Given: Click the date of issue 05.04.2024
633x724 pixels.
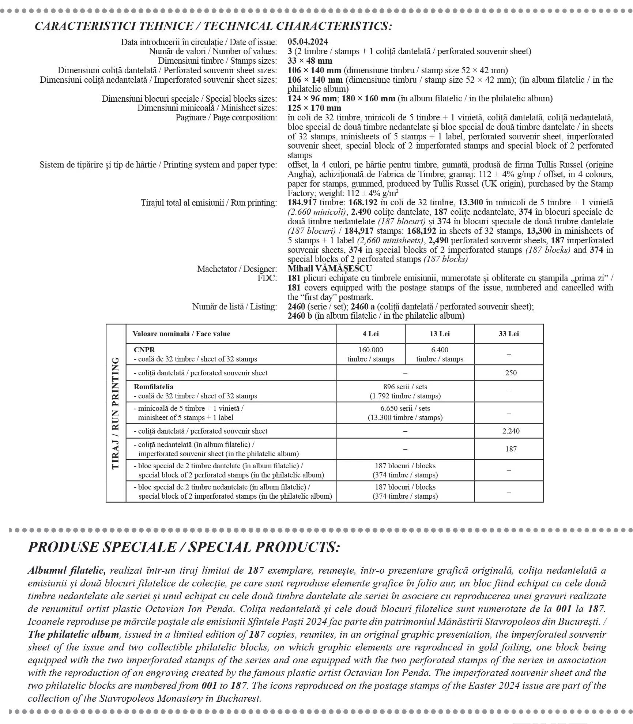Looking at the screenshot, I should click(308, 42).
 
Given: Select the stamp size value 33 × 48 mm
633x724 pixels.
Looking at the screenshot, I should click(310, 61).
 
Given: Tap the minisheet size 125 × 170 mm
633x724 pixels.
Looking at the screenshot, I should click(314, 108).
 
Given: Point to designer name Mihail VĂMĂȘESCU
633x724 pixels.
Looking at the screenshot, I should click(330, 269).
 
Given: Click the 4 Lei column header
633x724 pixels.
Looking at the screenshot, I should click(370, 334).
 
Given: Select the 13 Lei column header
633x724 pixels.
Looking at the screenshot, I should click(440, 334).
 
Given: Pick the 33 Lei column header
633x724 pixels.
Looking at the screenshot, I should click(509, 334).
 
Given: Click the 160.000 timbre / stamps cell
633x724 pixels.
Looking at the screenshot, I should click(370, 354).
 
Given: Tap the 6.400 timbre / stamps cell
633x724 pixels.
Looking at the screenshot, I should click(440, 354).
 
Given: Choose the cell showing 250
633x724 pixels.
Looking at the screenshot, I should click(511, 373).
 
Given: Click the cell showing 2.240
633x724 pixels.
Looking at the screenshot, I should click(511, 431).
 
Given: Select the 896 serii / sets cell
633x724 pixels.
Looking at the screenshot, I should click(405, 391).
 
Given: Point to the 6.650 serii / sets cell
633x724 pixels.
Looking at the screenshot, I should click(405, 413).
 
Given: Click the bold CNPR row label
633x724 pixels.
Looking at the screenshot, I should click(144, 350).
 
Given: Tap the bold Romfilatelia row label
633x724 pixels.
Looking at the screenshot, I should click(154, 387).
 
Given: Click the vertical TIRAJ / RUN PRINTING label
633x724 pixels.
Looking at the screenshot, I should click(116, 413).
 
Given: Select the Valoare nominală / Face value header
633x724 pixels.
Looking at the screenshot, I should click(181, 334).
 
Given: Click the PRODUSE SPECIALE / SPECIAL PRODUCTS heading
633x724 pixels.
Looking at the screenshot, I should click(184, 547).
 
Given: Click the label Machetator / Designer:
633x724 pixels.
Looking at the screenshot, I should click(237, 269).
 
